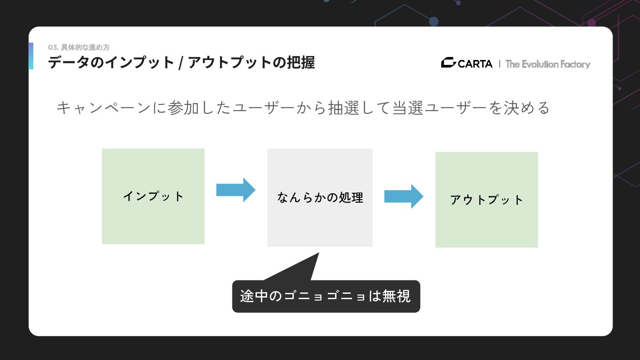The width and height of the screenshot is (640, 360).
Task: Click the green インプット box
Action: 153,196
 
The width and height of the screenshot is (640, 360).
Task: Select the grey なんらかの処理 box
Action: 320,197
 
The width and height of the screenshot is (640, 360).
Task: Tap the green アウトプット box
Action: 486,200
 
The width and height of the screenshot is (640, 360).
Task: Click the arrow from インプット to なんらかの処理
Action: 236,190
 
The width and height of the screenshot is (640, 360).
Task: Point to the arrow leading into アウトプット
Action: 404,196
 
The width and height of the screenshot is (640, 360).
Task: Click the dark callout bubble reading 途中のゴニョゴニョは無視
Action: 326,296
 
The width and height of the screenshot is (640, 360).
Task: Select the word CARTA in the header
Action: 475,64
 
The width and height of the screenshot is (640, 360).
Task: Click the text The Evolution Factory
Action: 548,64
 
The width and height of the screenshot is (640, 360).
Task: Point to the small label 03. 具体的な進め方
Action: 79,47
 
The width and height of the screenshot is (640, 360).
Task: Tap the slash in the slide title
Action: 180,63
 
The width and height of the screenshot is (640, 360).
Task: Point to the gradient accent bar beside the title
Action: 31,56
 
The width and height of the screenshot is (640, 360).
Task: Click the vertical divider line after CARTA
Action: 500,64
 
